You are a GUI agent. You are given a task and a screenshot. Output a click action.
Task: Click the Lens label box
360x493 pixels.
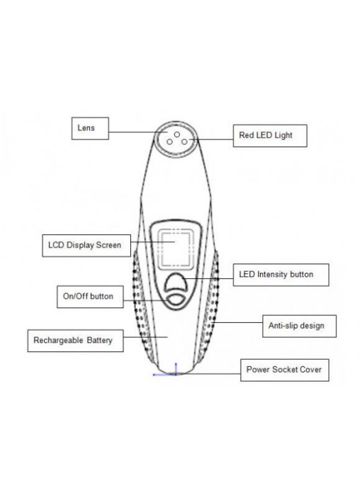click(x=90, y=128)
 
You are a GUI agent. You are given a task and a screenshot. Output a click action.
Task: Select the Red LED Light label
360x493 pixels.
click(x=270, y=135)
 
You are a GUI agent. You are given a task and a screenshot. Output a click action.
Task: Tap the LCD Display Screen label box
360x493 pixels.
click(x=86, y=246)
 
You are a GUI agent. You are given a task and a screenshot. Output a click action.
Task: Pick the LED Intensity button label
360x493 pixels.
click(x=281, y=275)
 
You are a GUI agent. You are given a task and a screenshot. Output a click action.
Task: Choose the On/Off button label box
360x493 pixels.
click(x=90, y=297)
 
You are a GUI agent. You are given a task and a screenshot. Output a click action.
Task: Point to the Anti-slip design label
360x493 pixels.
click(x=299, y=326)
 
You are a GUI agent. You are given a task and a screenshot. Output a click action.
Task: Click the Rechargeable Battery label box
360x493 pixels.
click(x=75, y=341)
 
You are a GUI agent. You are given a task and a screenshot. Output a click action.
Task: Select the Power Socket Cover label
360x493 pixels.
click(x=285, y=370)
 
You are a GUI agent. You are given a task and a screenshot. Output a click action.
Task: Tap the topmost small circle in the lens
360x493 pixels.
click(x=177, y=135)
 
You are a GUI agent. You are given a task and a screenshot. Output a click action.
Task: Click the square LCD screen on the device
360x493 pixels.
click(x=176, y=249)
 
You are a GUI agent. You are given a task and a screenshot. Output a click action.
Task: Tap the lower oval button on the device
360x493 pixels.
click(x=176, y=300)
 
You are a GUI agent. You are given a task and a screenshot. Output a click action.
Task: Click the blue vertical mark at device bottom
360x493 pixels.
click(x=176, y=368)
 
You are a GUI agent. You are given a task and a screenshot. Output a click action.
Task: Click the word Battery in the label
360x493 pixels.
click(x=99, y=341)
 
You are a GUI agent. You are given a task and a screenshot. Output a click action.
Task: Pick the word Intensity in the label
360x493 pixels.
click(x=272, y=275)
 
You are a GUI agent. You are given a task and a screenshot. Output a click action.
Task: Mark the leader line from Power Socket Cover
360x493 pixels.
click(x=208, y=374)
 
